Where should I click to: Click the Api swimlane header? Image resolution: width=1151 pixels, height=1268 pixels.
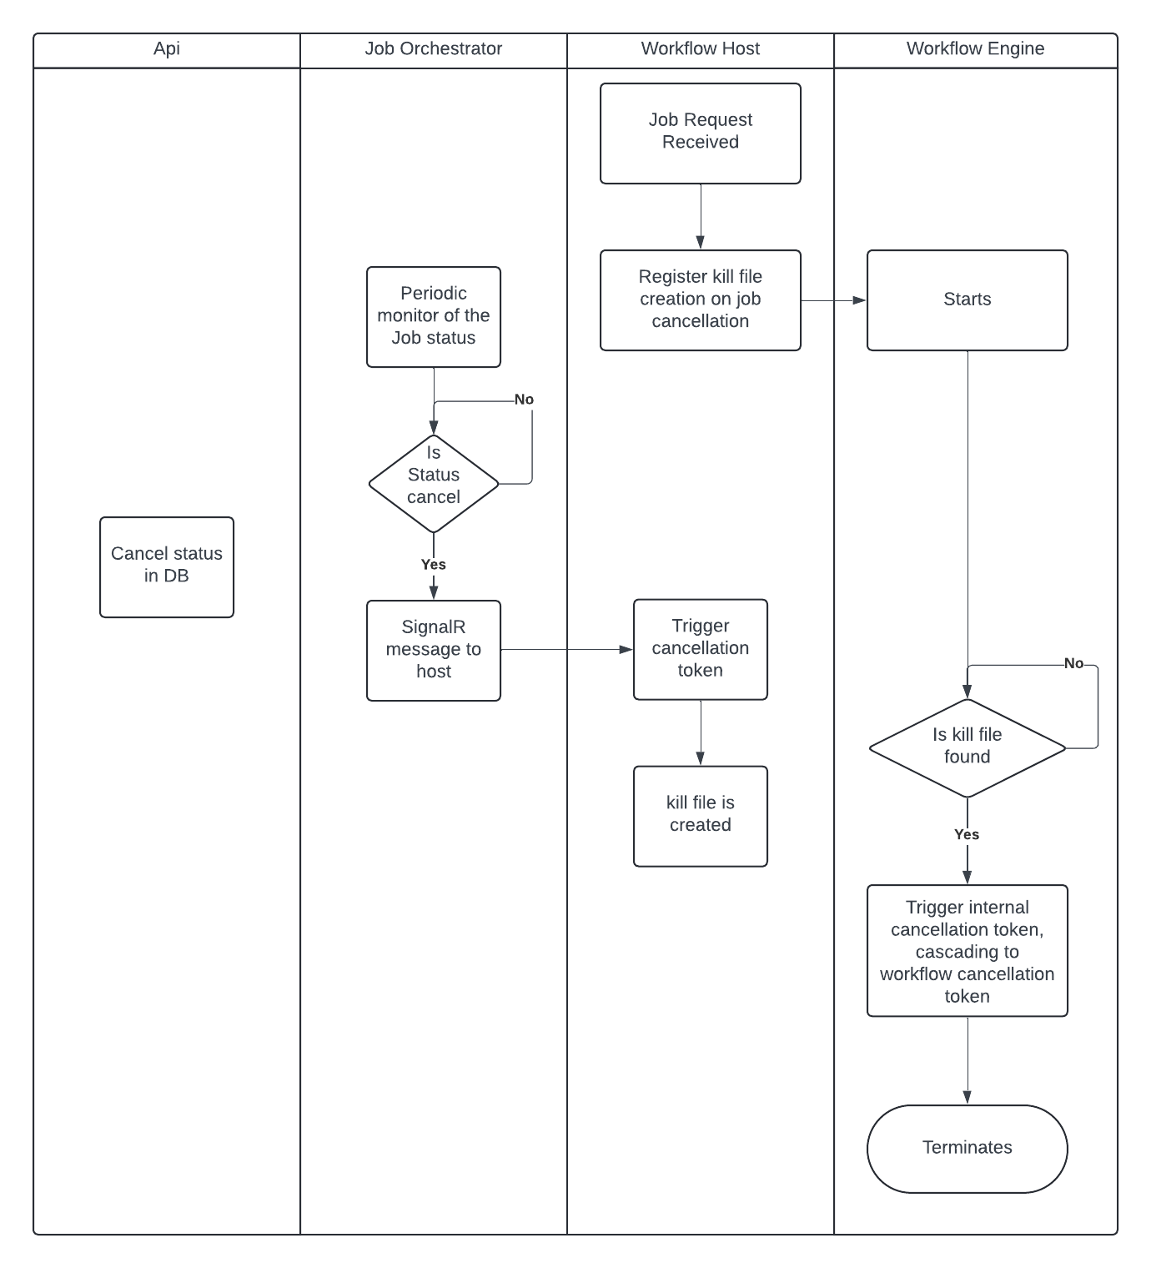coord(166,48)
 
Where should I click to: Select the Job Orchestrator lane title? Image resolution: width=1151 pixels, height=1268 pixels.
coord(433,48)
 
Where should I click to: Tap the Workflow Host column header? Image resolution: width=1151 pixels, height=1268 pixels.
coord(700,48)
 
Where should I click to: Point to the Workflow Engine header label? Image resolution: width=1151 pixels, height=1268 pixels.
coord(975,48)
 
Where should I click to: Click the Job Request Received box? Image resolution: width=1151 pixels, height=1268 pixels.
coord(700,133)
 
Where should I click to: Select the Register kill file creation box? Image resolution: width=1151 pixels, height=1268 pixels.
coord(700,299)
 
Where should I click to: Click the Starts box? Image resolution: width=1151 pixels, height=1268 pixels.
coord(967,299)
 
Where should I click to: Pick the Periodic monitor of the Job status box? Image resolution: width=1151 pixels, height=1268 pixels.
coord(433,316)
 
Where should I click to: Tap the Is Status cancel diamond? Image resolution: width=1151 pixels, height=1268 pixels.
coord(433,484)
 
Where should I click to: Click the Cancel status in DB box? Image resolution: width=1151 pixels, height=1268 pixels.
coord(166,566)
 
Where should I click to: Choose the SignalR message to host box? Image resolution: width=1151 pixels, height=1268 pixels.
coord(433,650)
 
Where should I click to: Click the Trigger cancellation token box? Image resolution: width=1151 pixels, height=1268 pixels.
coord(700,648)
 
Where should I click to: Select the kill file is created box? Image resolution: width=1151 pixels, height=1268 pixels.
coord(700,815)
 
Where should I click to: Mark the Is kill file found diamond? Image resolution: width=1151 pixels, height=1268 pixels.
coord(967,747)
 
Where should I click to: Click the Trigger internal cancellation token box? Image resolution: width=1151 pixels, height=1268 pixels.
coord(967,950)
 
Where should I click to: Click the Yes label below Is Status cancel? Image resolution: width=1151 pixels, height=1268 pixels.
coord(433,565)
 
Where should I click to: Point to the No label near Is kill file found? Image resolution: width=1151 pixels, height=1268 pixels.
coord(1073,663)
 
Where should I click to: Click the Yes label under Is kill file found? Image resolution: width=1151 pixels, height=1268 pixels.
coord(967,834)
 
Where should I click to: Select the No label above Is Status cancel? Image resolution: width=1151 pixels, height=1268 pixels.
coord(523,400)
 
